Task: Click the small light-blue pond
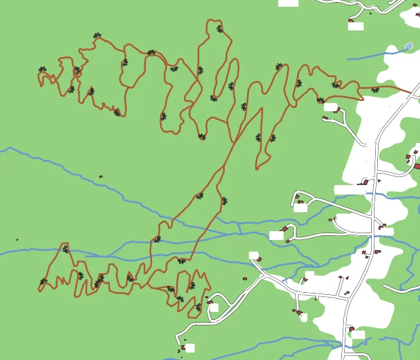click(408, 46)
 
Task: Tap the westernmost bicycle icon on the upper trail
click(43, 69)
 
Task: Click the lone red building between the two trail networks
click(100, 177)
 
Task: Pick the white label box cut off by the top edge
click(288, 3)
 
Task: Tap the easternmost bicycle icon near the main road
click(375, 89)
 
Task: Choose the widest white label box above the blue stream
click(349, 190)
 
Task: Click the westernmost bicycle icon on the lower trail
click(43, 281)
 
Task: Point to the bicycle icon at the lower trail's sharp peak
click(66, 249)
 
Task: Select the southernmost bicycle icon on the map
click(198, 307)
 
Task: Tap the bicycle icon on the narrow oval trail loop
click(231, 86)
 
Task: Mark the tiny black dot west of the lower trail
click(17, 239)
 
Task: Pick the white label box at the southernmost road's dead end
click(190, 348)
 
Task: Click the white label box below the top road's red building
click(356, 26)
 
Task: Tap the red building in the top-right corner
click(415, 5)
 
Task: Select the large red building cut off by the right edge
click(417, 165)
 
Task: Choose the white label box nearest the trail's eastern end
click(330, 107)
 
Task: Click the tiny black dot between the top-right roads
click(370, 12)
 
